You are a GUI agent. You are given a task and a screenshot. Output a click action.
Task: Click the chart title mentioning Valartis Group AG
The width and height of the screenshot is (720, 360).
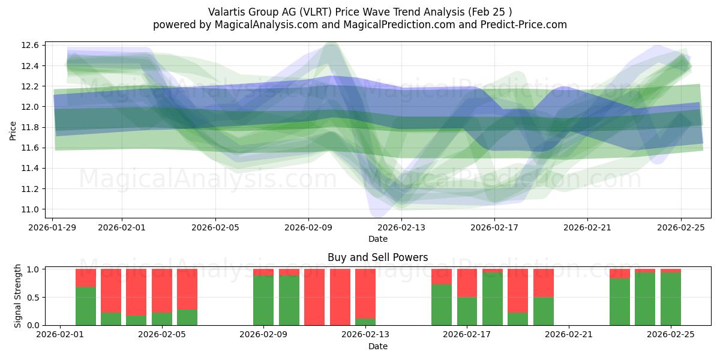coord(360,11)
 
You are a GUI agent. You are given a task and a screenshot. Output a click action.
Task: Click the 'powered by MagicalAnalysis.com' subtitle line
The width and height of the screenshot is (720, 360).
coord(360,25)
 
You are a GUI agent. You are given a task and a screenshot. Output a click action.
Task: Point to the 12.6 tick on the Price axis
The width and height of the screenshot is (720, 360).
coord(32,46)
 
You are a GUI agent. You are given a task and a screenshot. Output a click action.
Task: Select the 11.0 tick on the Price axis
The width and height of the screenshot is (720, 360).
coord(32,209)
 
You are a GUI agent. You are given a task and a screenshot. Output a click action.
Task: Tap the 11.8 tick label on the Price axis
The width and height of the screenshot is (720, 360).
coord(32,127)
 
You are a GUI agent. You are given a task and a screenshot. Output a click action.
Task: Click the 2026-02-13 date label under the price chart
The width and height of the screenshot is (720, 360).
coord(401,227)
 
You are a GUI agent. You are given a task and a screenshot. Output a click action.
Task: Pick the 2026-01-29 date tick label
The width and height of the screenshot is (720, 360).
coord(52,227)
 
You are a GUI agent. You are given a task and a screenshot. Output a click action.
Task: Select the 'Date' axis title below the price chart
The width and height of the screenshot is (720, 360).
coord(378,239)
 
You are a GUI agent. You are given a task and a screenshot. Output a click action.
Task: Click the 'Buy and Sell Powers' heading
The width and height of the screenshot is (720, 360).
coord(378,257)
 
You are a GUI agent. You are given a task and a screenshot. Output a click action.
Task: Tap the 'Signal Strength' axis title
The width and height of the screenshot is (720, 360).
coord(18,296)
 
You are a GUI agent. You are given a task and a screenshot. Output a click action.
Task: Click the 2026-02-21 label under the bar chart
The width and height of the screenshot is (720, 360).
coord(568,335)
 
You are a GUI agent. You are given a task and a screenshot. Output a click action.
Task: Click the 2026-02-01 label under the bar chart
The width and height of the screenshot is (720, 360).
coord(60,335)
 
